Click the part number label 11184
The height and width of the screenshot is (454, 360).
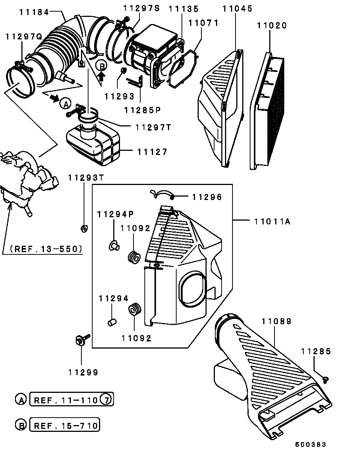click(34, 12)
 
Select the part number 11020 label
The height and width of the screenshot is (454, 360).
click(271, 26)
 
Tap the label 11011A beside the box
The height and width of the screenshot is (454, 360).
click(272, 221)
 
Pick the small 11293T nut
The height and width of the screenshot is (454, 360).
click(84, 227)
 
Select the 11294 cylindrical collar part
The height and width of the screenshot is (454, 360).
click(111, 322)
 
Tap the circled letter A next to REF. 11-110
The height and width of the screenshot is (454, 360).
click(20, 400)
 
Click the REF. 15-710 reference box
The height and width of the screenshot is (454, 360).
click(66, 425)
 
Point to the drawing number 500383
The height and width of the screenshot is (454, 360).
click(310, 445)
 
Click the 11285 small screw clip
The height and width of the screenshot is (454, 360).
click(325, 380)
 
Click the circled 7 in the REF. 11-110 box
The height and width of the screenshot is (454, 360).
click(106, 400)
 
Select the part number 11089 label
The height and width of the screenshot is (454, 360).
click(276, 321)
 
